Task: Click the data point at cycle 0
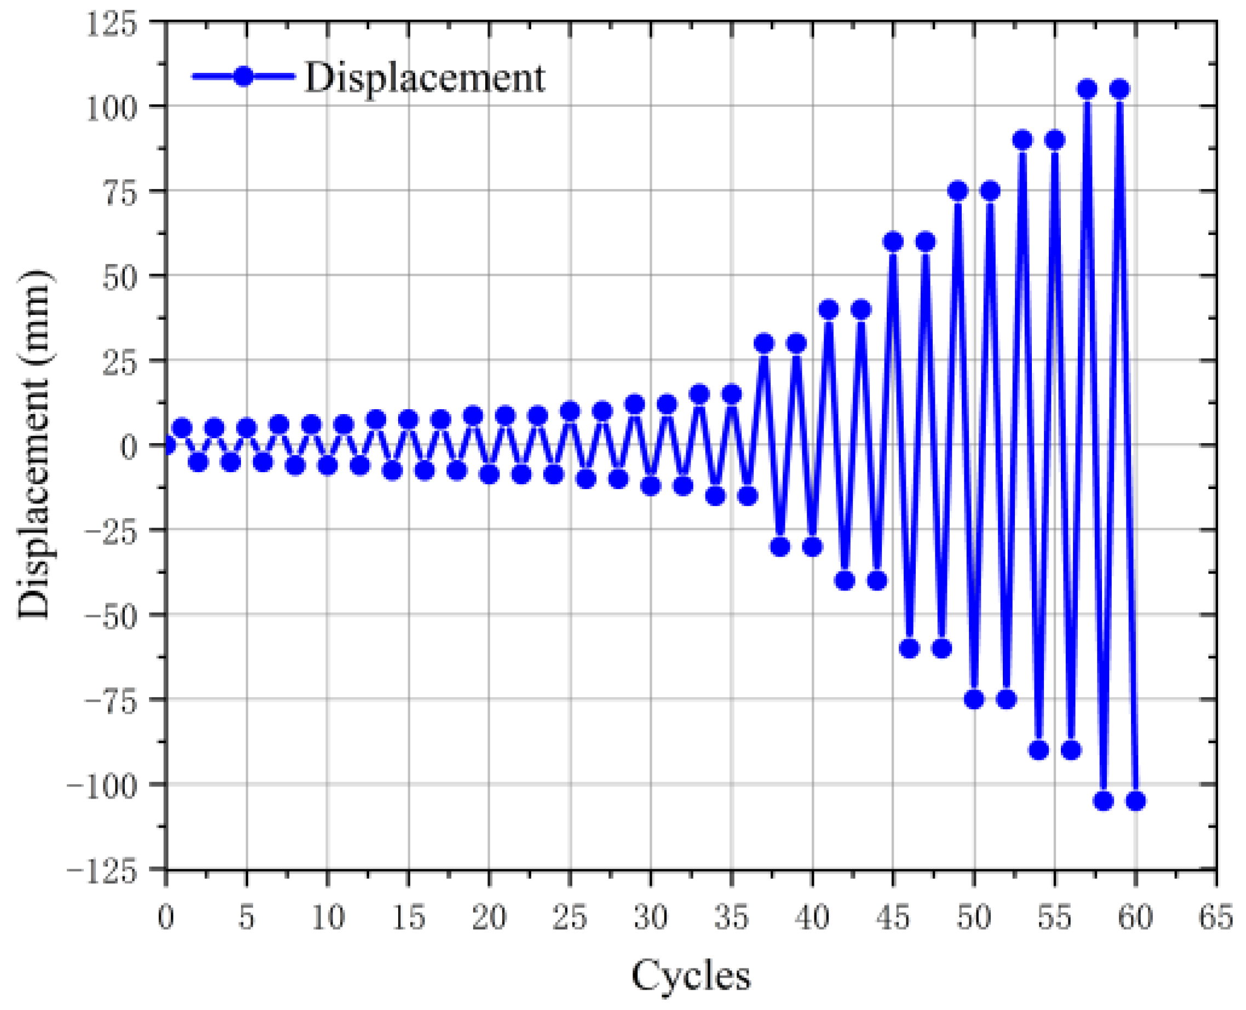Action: (167, 446)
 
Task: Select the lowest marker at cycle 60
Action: (1135, 801)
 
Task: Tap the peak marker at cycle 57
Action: (1087, 89)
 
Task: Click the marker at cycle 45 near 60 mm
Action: (893, 242)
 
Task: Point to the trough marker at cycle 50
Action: (974, 699)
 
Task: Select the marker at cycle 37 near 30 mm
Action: (765, 343)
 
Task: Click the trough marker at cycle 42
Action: (845, 581)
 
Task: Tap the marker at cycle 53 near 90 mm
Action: (1023, 140)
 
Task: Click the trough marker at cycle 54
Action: (1039, 750)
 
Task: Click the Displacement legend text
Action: (425, 77)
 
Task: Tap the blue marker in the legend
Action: (244, 76)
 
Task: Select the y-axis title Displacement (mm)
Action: (34, 445)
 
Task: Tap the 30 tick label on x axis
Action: (651, 917)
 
